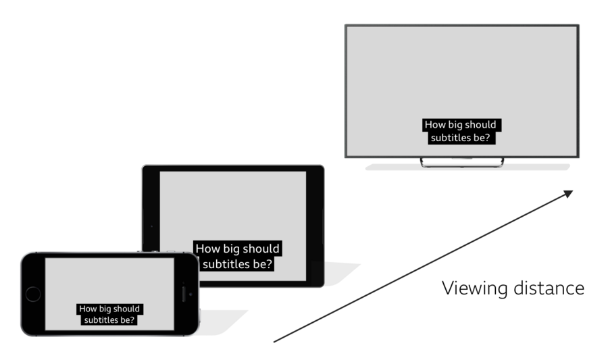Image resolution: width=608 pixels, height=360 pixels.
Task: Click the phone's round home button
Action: click(32, 294)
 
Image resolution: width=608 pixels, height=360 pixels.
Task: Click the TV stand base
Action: click(462, 163)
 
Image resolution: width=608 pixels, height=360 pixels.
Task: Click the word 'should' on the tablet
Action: click(261, 249)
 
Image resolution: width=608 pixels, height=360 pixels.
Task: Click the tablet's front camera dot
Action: click(151, 226)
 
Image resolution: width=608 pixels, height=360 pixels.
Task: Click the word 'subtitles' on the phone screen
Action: click(100, 320)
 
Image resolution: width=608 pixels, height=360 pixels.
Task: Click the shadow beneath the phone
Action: click(223, 323)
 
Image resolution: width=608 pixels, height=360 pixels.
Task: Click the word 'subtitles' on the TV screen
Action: click(451, 138)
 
